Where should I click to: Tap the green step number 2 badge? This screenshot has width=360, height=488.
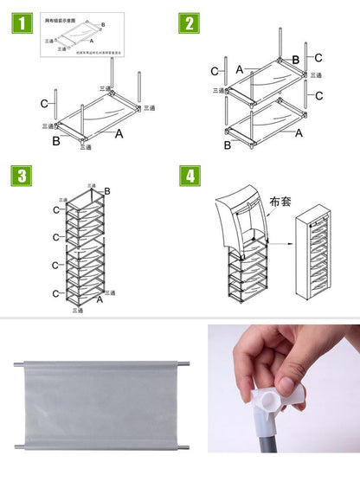pos(189,23)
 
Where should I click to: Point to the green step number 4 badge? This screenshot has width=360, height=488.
pos(189,176)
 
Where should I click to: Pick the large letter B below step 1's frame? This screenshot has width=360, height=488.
pos(56,139)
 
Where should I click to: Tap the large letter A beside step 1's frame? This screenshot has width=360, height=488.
pos(119,134)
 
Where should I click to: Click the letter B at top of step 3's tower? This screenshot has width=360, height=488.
pos(107,190)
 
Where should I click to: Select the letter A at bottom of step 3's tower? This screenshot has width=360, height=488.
pos(100,299)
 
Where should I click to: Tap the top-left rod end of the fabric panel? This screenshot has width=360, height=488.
pos(19,363)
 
